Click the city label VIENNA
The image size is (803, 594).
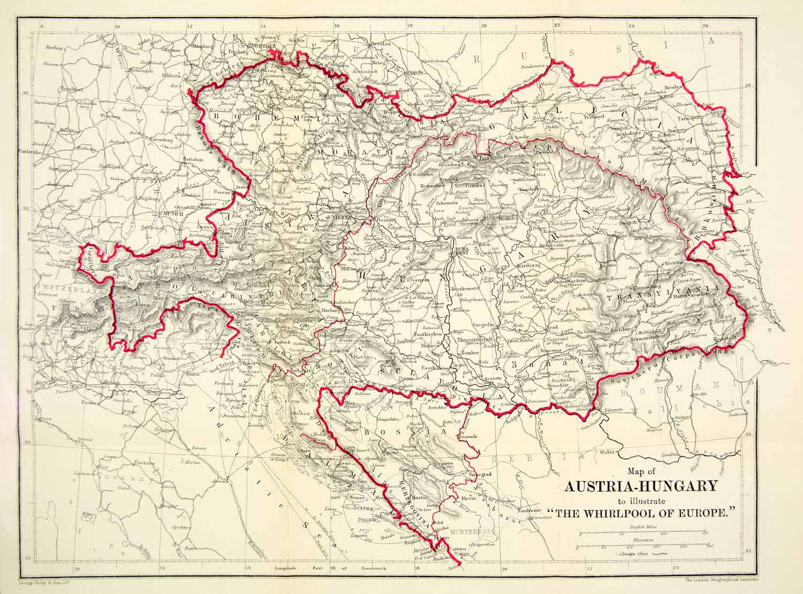coord(341,218)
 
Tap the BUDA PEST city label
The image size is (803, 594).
coord(461,252)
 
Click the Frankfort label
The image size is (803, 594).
coord(70,88)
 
